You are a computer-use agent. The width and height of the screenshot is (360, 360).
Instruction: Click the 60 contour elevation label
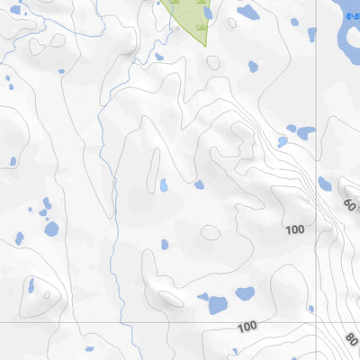[x=350, y=204]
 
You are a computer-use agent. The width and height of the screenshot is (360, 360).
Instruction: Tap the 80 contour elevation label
[x=350, y=340]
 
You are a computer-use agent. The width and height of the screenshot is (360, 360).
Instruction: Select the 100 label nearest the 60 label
[x=294, y=230]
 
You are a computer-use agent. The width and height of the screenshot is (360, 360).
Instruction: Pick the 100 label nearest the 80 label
[x=247, y=325]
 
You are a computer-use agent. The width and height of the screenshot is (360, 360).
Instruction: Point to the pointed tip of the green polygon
[x=205, y=44]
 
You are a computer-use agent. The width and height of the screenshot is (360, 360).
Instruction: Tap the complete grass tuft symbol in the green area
[x=175, y=3]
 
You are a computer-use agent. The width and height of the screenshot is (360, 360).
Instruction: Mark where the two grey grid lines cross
[x=315, y=320]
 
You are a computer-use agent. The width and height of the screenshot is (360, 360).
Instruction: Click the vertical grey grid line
[x=315, y=90]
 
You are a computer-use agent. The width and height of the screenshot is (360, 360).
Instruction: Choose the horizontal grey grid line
[x=135, y=321]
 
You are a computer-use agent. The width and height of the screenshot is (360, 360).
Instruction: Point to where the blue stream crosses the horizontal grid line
[x=119, y=321]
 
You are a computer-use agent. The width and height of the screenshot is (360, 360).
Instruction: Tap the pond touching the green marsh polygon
[x=209, y=13]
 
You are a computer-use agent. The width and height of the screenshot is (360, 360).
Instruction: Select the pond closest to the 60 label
[x=324, y=184]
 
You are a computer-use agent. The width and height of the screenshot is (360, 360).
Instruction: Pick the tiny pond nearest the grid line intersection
[x=310, y=309]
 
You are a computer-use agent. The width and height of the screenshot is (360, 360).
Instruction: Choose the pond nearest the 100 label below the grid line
[x=218, y=305]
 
